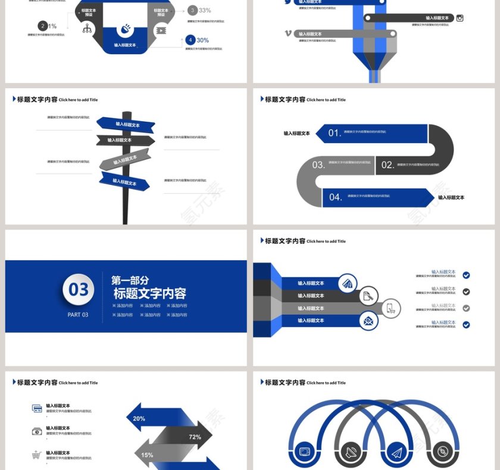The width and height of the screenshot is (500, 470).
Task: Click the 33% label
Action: tap(205, 10)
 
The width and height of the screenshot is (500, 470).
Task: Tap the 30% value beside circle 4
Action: tap(202, 40)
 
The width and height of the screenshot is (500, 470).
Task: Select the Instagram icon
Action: tap(460, 18)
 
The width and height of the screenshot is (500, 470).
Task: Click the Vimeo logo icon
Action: tap(289, 33)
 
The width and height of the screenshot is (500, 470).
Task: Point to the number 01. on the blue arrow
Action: tap(335, 133)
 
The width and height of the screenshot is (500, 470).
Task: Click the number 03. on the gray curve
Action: tap(318, 165)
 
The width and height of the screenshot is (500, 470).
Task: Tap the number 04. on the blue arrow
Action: tap(335, 197)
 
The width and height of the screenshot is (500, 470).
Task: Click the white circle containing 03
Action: tap(79, 290)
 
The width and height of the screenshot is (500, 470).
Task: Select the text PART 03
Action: tap(78, 315)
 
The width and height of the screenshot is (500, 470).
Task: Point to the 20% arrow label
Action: tap(139, 419)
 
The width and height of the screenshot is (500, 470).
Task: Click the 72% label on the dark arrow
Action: tap(195, 437)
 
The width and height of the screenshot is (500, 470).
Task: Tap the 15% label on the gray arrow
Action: tap(147, 455)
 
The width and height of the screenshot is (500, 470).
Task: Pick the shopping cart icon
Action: tap(37, 455)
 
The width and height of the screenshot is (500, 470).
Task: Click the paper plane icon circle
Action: tap(396, 453)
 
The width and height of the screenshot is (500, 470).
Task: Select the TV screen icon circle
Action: tap(305, 453)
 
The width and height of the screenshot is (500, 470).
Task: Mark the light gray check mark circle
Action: tap(466, 308)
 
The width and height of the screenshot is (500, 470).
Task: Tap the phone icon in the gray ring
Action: tap(390, 308)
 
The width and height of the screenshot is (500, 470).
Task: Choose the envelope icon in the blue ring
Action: tap(368, 321)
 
